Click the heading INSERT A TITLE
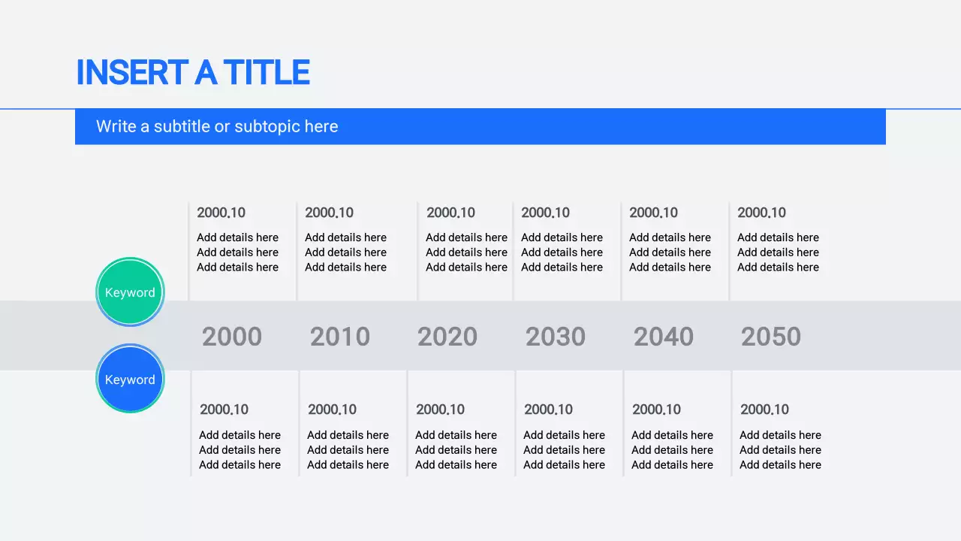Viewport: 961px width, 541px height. (193, 73)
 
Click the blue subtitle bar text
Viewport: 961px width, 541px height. (217, 126)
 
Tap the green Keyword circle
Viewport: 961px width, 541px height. (130, 292)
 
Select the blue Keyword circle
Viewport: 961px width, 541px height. (130, 379)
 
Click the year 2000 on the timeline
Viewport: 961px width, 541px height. (232, 337)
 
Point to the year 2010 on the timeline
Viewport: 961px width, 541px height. (340, 337)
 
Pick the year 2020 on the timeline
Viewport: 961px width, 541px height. (447, 337)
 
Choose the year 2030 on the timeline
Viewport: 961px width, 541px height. (556, 337)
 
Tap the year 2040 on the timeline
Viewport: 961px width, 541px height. (664, 337)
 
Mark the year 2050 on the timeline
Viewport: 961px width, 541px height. (771, 337)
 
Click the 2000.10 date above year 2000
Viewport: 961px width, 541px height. (221, 213)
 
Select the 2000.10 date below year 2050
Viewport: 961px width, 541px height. (764, 410)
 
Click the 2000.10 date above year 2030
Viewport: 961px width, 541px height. (545, 213)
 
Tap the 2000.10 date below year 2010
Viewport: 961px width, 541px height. (332, 410)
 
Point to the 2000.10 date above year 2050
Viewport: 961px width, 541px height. (761, 213)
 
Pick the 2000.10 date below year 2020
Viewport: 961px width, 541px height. (440, 410)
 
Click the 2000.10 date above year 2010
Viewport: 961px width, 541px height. (329, 213)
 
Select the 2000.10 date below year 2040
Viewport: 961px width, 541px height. (656, 410)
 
